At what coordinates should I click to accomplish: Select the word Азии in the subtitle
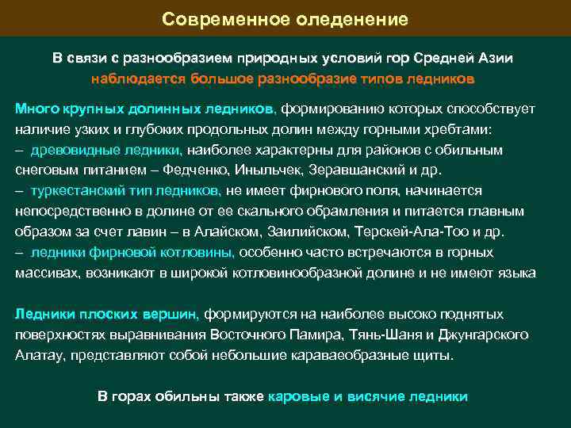tap(492, 59)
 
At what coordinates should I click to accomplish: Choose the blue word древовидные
tap(77, 150)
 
